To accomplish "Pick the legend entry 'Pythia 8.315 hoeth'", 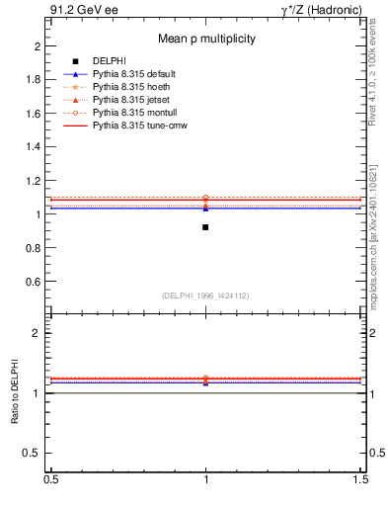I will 131,88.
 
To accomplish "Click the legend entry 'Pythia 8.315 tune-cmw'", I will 139,126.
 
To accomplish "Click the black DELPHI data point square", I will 205,227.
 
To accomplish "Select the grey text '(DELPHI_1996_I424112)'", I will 205,295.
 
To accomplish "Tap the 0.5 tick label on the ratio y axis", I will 33,454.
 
